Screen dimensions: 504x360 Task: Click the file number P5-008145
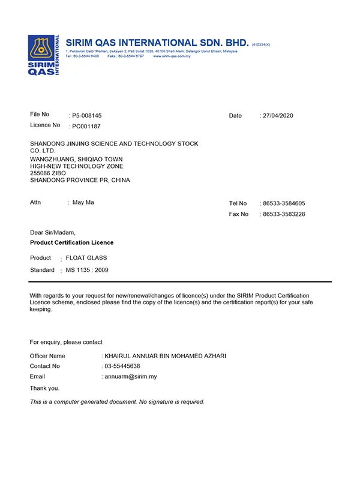click(87, 115)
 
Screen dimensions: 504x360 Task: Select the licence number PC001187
click(86, 126)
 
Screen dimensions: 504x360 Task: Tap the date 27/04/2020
click(278, 115)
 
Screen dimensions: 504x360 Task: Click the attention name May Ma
click(83, 203)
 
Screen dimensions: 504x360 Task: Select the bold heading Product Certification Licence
click(71, 242)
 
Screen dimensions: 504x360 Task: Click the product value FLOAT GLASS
click(86, 258)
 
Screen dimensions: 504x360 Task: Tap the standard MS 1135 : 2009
click(87, 270)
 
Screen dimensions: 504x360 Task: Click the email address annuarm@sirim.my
click(131, 377)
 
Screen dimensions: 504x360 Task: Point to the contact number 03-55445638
click(122, 366)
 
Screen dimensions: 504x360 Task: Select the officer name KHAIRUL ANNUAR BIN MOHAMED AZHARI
click(166, 356)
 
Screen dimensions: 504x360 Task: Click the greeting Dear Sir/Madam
click(53, 232)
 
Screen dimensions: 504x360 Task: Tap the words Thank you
click(44, 388)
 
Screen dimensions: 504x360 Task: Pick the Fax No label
click(238, 214)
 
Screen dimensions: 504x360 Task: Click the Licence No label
click(45, 125)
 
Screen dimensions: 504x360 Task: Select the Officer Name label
click(47, 356)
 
